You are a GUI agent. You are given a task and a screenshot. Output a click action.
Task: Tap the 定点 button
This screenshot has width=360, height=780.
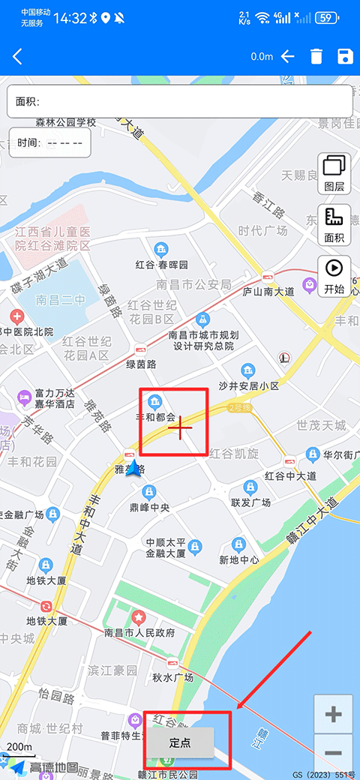click(180, 743)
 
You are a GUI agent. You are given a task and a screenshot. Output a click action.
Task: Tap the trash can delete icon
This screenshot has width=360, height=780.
click(316, 57)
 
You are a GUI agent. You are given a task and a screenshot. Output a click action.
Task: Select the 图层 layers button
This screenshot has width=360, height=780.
click(334, 172)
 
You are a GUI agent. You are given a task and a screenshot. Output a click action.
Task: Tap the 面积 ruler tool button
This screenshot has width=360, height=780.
click(334, 224)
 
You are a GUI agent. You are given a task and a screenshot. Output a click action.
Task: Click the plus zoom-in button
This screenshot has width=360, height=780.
click(334, 714)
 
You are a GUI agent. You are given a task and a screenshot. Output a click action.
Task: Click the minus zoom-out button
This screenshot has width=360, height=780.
click(334, 753)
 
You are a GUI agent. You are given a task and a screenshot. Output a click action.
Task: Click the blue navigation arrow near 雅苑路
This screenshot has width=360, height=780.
click(134, 469)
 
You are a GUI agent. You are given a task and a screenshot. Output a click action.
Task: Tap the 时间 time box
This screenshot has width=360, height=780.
click(50, 142)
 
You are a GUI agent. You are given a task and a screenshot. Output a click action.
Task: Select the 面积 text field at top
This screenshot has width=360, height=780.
click(180, 101)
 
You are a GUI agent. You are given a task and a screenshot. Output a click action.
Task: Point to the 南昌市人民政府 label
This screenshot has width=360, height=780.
click(139, 633)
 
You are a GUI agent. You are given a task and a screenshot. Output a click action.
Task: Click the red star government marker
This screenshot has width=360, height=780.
click(139, 616)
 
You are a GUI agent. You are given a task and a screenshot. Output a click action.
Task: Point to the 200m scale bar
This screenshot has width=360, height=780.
click(19, 748)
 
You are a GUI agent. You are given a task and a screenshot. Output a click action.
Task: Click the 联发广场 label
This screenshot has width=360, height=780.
click(250, 502)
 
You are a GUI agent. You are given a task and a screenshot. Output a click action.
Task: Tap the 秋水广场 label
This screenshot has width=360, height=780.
click(173, 677)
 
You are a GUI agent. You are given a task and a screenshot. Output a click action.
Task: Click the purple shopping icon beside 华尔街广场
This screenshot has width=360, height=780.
click(313, 454)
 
